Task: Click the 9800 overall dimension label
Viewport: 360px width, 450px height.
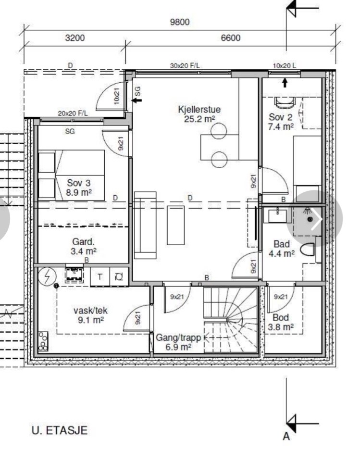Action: click(180, 22)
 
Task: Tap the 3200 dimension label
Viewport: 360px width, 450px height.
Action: click(75, 38)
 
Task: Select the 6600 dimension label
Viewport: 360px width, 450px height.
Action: click(231, 38)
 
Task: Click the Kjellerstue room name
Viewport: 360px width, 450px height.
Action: click(199, 109)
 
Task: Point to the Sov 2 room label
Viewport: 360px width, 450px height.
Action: click(281, 117)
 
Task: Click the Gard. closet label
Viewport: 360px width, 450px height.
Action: click(83, 242)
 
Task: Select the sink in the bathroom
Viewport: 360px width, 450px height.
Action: click(277, 216)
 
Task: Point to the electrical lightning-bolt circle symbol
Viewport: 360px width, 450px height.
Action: click(47, 276)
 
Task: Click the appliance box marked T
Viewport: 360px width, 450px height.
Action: click(100, 276)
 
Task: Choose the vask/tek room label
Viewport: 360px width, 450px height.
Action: click(91, 310)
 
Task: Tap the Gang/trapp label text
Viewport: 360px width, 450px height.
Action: click(178, 337)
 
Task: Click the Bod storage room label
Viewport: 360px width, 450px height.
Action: click(281, 317)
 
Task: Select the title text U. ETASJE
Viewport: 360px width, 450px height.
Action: click(60, 430)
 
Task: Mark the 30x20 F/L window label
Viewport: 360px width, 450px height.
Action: click(185, 66)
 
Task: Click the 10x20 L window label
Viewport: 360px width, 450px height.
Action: click(284, 66)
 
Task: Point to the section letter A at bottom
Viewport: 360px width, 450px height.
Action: click(286, 437)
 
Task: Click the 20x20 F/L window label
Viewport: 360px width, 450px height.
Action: click(73, 113)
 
